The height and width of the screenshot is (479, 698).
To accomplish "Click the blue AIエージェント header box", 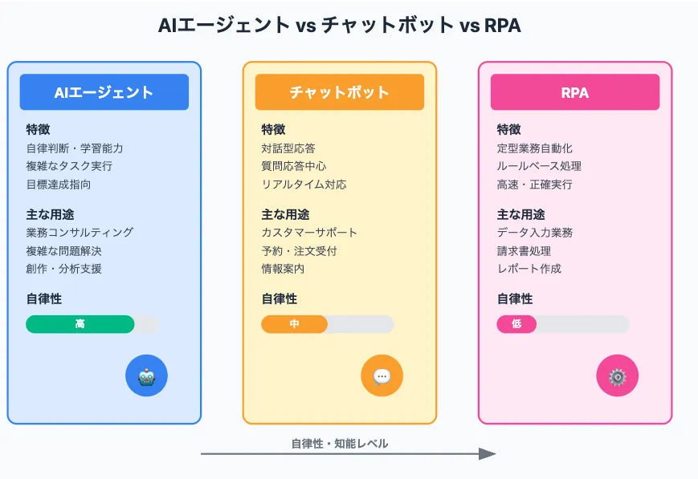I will [104, 92].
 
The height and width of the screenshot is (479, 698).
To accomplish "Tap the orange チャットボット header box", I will [339, 92].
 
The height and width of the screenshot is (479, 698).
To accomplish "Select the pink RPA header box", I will [574, 92].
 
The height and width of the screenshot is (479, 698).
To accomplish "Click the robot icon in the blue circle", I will [146, 376].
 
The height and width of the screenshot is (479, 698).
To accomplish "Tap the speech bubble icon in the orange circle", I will [382, 376].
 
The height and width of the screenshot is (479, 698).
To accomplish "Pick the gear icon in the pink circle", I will [617, 376].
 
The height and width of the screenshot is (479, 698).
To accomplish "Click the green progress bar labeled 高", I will [80, 324].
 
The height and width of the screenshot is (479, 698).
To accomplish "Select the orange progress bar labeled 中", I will [294, 324].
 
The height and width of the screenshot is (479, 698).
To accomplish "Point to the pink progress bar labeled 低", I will [516, 324].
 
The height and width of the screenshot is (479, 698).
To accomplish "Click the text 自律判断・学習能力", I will [75, 148].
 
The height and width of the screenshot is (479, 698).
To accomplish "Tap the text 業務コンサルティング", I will [80, 233].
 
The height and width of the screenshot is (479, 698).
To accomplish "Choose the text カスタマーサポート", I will [309, 233].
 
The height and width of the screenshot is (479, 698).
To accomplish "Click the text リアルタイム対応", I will [304, 185].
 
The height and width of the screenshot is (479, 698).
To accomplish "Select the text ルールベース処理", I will [539, 166].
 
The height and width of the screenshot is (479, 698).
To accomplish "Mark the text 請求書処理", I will [524, 251].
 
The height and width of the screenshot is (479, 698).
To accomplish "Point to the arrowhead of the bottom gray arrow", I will [488, 454].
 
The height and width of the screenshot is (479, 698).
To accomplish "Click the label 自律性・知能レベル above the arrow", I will [339, 444].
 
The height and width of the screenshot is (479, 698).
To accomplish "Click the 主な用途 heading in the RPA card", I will [520, 214].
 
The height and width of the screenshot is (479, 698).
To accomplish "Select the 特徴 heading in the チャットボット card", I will [273, 129].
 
